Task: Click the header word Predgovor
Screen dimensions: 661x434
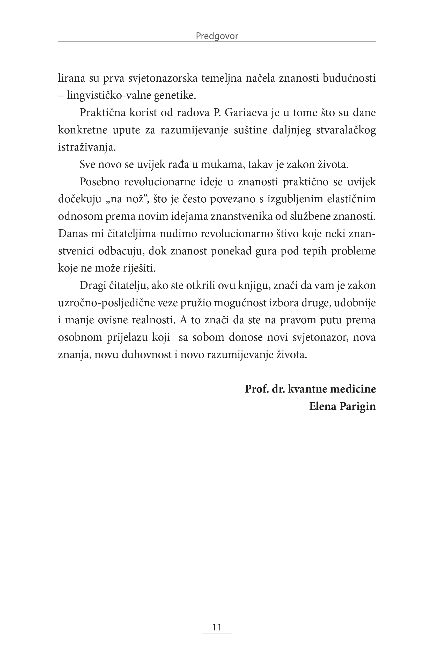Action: (x=217, y=36)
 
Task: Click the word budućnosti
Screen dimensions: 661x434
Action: (x=349, y=78)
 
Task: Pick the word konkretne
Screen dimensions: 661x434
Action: (x=83, y=130)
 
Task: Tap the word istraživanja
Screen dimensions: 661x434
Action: (x=86, y=147)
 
